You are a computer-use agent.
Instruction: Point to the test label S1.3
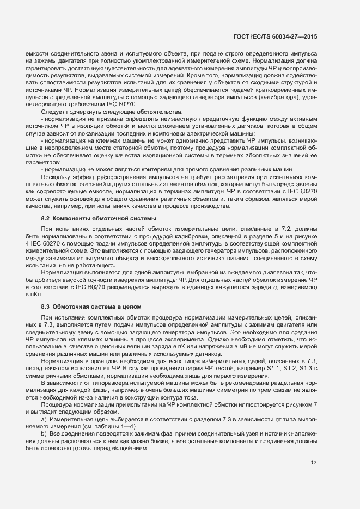tap(305, 370)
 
